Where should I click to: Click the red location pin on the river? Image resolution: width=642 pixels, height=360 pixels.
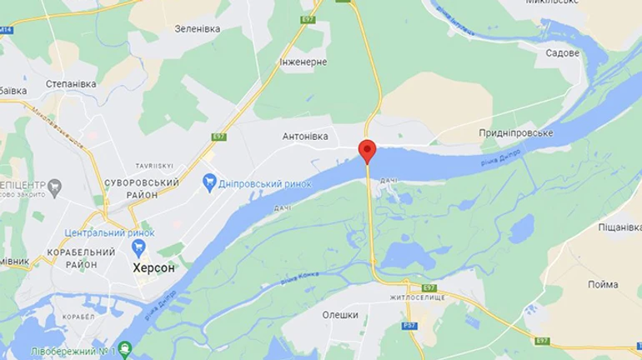pyautogui.click(x=367, y=151)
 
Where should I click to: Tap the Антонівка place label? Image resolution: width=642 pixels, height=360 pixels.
pyautogui.click(x=305, y=136)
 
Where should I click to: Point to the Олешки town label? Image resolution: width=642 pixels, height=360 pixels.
pyautogui.click(x=340, y=314)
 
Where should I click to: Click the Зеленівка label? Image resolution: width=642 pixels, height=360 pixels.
pyautogui.click(x=198, y=28)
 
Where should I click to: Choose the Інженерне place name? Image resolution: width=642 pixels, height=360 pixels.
pyautogui.click(x=303, y=62)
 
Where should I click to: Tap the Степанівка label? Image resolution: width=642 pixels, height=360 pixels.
pyautogui.click(x=71, y=83)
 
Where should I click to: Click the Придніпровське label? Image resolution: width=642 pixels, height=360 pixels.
pyautogui.click(x=516, y=133)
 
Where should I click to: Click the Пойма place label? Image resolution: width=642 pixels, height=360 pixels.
pyautogui.click(x=603, y=284)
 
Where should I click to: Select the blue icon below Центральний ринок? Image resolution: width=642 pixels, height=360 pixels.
pyautogui.click(x=138, y=248)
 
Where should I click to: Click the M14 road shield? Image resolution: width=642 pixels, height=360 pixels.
pyautogui.click(x=7, y=28)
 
